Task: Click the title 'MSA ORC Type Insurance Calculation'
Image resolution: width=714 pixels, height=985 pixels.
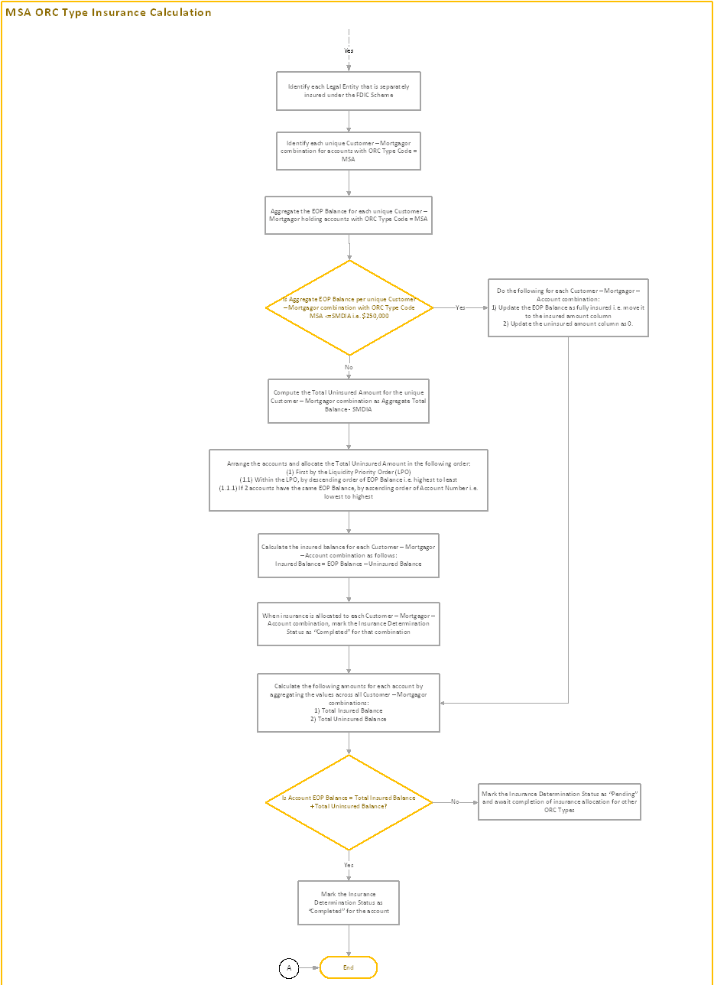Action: [x=109, y=12]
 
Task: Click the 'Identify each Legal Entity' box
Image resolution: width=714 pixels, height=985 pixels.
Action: [x=349, y=91]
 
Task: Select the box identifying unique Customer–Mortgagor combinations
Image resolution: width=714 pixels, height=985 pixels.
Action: [x=349, y=151]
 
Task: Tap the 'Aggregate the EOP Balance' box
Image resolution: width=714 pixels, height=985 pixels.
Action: [x=349, y=214]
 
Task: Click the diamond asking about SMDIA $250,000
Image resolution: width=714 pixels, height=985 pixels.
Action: [x=349, y=307]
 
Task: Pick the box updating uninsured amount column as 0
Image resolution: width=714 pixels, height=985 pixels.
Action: [x=568, y=307]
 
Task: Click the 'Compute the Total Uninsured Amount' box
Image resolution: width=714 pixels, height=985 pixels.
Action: [x=349, y=401]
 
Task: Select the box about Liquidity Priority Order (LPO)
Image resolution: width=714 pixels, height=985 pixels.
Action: [x=349, y=479]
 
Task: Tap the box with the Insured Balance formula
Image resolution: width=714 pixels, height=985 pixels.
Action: [x=349, y=555]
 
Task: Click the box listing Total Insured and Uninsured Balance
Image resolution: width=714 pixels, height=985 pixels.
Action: [x=349, y=702]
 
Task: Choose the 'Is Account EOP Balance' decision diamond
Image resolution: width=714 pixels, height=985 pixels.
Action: [x=349, y=802]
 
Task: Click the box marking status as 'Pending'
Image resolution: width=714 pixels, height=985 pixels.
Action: [x=560, y=802]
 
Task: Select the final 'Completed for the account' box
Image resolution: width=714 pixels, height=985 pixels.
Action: [x=349, y=903]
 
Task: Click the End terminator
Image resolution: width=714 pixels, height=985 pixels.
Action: [x=349, y=967]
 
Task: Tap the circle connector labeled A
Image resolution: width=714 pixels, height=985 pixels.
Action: [x=289, y=967]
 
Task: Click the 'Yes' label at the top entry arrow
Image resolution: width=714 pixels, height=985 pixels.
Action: [x=349, y=50]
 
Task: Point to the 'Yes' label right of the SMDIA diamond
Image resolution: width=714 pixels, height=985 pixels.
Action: [x=460, y=307]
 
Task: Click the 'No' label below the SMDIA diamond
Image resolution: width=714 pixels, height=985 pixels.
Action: [x=349, y=367]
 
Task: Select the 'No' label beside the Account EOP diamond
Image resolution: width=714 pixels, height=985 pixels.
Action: [x=455, y=802]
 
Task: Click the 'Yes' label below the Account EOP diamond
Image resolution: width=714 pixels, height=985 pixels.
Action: [x=349, y=865]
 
